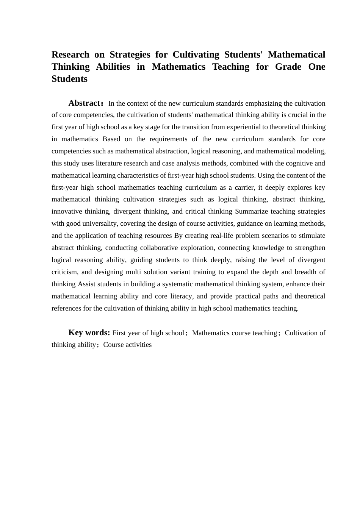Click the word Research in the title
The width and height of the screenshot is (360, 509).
(70, 55)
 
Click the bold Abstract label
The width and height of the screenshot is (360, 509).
(84, 103)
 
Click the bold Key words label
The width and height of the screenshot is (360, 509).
(89, 333)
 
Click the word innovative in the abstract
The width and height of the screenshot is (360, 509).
(66, 211)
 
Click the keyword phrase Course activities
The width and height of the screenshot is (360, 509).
(127, 345)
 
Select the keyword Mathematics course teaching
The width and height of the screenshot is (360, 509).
(235, 333)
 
